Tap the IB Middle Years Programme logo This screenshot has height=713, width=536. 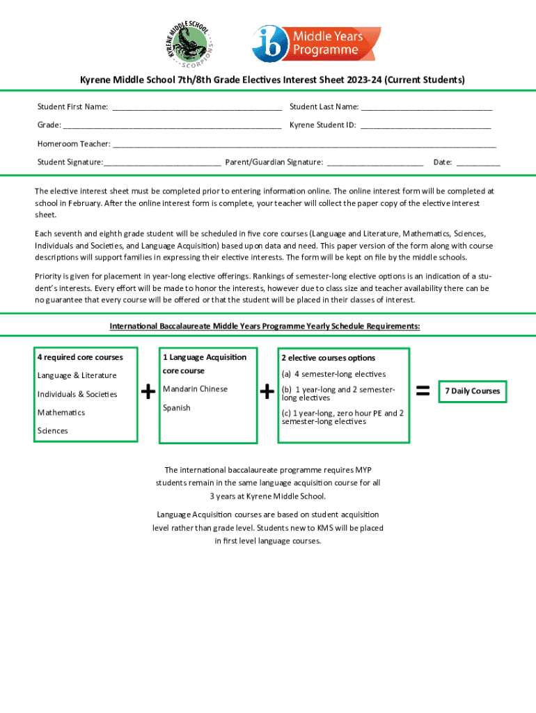pos(316,43)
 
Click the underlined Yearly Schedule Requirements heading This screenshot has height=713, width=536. pos(265,327)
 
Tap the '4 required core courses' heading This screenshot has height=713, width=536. pos(80,357)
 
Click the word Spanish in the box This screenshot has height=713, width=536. pos(177,408)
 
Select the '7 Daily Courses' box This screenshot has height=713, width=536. pos(473,391)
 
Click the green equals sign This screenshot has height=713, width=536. pos(422,391)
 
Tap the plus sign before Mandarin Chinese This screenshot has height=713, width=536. pos(148,393)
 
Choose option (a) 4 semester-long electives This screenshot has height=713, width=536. pos(333,375)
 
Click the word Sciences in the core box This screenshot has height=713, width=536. pos(53,431)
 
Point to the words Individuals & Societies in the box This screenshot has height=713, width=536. pos(77,394)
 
